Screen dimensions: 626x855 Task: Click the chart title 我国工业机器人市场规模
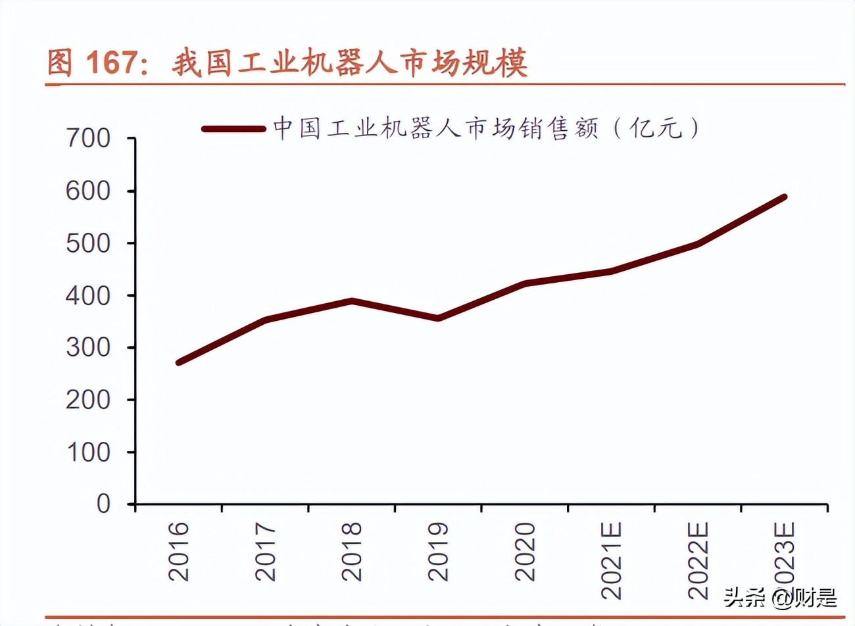click(x=349, y=64)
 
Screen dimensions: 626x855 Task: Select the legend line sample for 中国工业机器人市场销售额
click(x=233, y=129)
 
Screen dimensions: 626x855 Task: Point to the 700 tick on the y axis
click(x=88, y=139)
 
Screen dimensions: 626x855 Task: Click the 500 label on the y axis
click(x=88, y=243)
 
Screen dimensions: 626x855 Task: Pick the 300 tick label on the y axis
click(x=88, y=347)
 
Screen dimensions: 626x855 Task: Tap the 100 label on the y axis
click(x=88, y=452)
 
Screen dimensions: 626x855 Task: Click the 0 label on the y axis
click(x=103, y=504)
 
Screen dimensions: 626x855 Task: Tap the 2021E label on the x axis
click(x=612, y=560)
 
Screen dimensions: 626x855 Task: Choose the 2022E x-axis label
click(x=698, y=560)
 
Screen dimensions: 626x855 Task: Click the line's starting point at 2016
click(x=179, y=362)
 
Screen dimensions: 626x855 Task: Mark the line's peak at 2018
click(x=352, y=301)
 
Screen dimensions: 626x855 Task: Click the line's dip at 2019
click(x=438, y=318)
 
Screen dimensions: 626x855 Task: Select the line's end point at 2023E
click(x=784, y=197)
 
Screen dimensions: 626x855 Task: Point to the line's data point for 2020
click(x=525, y=283)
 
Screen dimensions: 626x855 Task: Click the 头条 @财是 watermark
click(x=780, y=598)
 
